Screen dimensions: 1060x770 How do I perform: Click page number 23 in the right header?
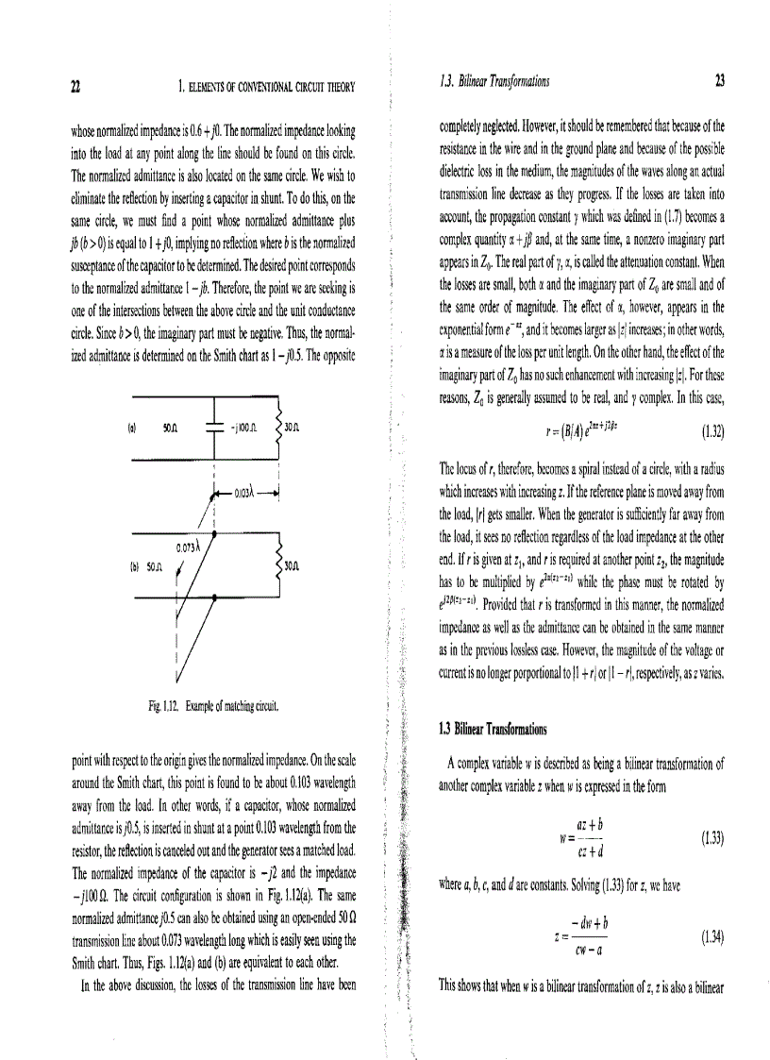pos(719,82)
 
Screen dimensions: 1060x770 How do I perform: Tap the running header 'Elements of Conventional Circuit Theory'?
pos(267,87)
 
